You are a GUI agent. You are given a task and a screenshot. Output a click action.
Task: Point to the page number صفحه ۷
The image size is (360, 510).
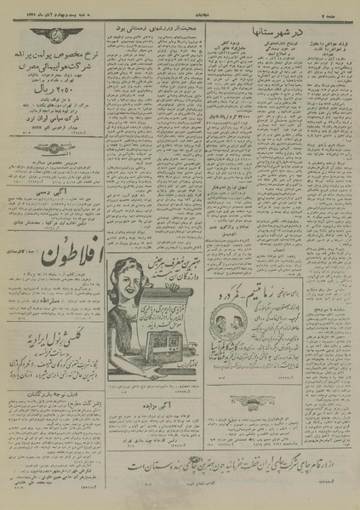(x=337, y=8)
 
